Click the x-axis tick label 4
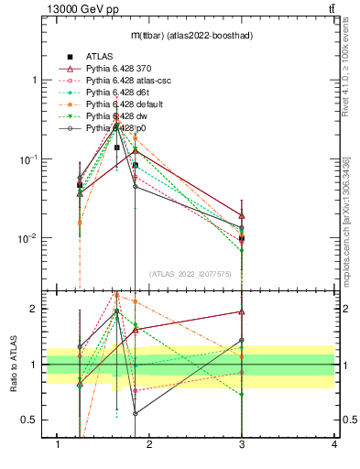pos(333,444)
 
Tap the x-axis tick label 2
pos(149,444)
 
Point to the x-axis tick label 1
pos(58,444)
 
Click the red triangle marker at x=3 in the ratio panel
pos(242,312)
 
